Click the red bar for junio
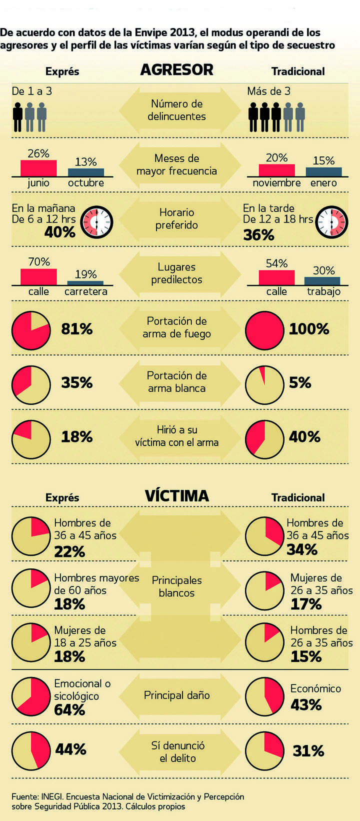point(38,168)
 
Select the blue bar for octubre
point(86,172)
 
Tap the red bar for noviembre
point(276,170)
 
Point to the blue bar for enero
point(323,171)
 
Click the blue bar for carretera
point(85,282)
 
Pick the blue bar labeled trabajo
point(322,280)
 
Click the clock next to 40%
point(97,221)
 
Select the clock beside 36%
point(332,222)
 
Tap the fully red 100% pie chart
point(264,330)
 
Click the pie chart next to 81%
point(31,330)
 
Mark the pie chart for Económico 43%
point(264,696)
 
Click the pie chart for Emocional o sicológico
point(31,696)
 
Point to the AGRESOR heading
point(176,70)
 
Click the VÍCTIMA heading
point(176,496)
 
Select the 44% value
point(70,749)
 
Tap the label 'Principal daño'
point(176,695)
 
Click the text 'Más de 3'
point(268,91)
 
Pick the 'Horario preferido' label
point(176,218)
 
